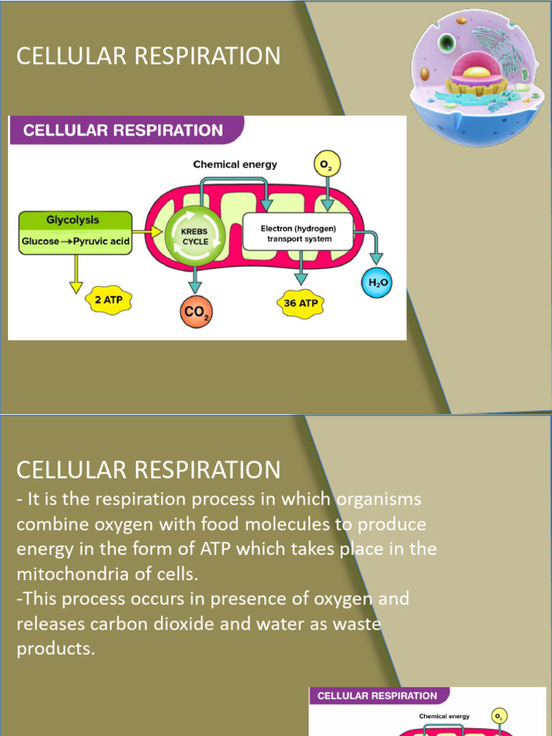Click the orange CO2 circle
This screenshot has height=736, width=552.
tap(196, 313)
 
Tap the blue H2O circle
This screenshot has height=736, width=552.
tap(379, 282)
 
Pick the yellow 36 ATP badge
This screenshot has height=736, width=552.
tap(300, 303)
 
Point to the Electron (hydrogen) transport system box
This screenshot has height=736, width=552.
tap(298, 232)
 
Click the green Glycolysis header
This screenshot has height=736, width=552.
tap(73, 220)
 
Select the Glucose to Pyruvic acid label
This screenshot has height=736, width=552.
tap(75, 241)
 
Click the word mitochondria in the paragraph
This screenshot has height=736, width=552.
tap(77, 574)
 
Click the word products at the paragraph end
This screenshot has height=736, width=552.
tap(55, 649)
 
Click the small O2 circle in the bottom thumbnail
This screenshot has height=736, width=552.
tap(500, 716)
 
